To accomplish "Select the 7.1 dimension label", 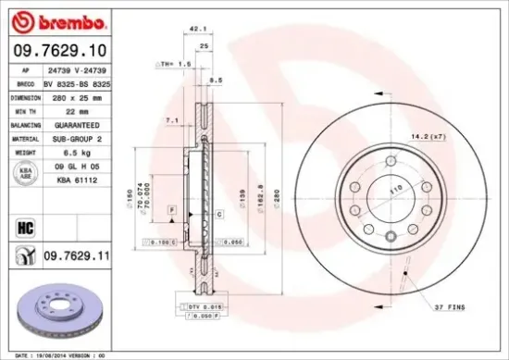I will [x=171, y=120].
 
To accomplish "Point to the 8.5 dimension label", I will [x=216, y=81].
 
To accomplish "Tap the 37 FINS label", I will [x=451, y=306].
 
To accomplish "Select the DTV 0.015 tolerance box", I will [x=199, y=306].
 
